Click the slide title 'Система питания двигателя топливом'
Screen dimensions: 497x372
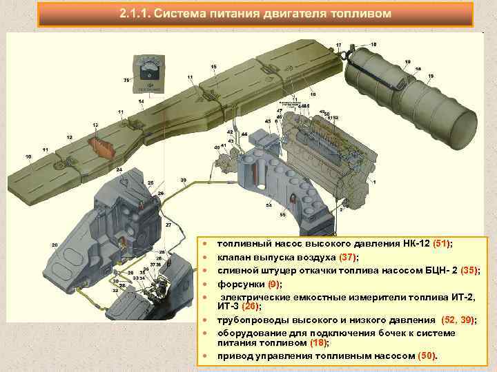[x=255, y=14]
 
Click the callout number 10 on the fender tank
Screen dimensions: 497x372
[x=28, y=157]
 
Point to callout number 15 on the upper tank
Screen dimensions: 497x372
[x=213, y=66]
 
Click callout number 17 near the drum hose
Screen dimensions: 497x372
[x=338, y=45]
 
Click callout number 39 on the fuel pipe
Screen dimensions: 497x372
[x=183, y=180]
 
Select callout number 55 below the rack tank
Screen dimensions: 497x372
[x=282, y=215]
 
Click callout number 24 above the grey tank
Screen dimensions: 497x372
[x=119, y=169]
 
